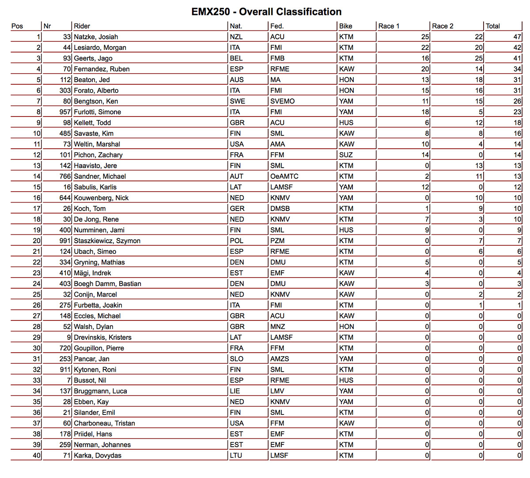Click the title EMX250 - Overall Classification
(266, 12)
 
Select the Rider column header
(82, 26)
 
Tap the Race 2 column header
(443, 26)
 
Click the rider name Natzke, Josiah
(96, 37)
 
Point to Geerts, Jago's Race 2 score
(479, 58)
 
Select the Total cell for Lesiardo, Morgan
(517, 48)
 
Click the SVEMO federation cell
(282, 102)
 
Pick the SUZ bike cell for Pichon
(346, 155)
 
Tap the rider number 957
(65, 112)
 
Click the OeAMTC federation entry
(284, 177)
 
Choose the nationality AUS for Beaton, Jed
(237, 80)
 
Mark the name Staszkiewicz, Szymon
(107, 241)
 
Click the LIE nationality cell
(235, 391)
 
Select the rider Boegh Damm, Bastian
(108, 284)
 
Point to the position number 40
(37, 455)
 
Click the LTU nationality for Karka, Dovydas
(236, 455)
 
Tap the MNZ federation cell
(278, 327)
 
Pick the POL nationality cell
(236, 241)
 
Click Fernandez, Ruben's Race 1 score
(425, 69)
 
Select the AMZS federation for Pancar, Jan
(280, 359)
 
